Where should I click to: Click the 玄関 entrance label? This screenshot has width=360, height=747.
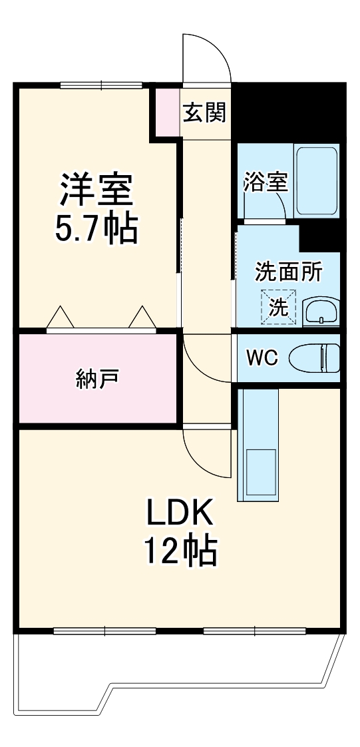[205, 113]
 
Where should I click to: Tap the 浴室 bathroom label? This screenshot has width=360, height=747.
[266, 182]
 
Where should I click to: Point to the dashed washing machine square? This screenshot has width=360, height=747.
[277, 307]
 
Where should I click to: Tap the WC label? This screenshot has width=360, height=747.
[262, 358]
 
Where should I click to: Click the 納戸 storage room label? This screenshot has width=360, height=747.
[97, 378]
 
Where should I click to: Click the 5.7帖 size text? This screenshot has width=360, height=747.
[97, 229]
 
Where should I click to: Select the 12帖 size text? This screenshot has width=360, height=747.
[180, 551]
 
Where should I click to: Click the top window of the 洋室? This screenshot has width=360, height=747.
[101, 85]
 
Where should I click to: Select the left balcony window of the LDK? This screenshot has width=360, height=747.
[104, 629]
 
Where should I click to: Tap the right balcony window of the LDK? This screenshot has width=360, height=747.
[255, 629]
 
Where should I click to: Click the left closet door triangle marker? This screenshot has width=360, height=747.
[60, 318]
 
